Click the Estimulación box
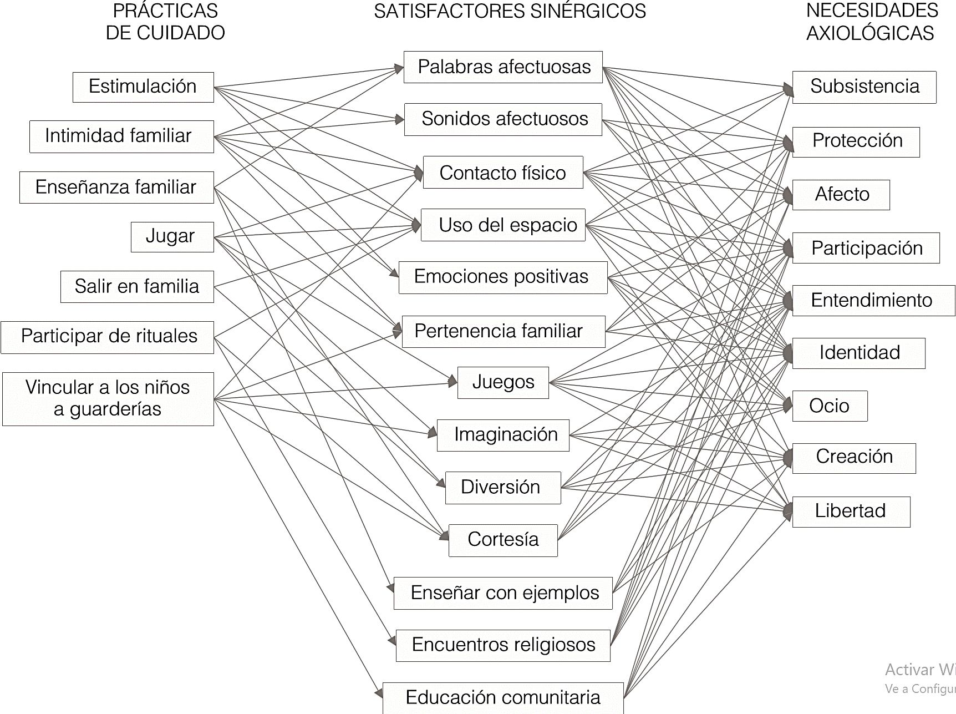(x=143, y=87)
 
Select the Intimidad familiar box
(x=121, y=136)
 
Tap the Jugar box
(x=172, y=237)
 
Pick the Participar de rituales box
(x=107, y=337)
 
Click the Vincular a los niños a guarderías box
(x=108, y=399)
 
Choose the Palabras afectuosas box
(x=502, y=67)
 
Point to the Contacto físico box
(x=502, y=173)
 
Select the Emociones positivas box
(x=502, y=277)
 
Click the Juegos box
(x=502, y=382)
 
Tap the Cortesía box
(x=502, y=540)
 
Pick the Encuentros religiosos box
(x=502, y=645)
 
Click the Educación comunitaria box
(x=502, y=698)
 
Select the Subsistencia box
(x=864, y=87)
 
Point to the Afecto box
(x=841, y=195)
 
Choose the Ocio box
(x=830, y=406)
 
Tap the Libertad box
(x=851, y=512)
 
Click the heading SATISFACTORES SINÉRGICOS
(x=510, y=11)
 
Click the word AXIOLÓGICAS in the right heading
(x=869, y=33)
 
